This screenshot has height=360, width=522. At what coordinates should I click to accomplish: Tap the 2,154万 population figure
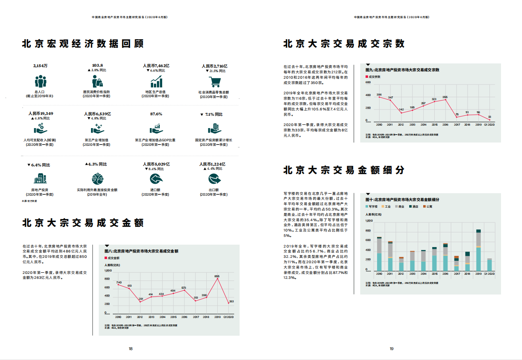coord(40,65)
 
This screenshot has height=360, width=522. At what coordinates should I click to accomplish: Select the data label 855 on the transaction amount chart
coord(217,276)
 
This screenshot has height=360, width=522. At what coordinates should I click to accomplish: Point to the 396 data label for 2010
coord(379,94)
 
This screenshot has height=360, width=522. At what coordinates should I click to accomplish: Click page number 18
coord(130,349)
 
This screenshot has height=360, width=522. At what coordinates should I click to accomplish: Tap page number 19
coord(391,349)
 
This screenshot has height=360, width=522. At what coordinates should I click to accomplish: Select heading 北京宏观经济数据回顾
coord(83,44)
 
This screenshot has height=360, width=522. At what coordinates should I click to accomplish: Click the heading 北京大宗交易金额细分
coord(344,170)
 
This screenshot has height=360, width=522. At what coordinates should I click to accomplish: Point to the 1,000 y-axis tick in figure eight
coord(108,271)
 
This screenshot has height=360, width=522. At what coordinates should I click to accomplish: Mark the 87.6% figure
coord(156,114)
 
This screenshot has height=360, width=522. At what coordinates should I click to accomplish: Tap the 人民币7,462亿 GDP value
coord(156,65)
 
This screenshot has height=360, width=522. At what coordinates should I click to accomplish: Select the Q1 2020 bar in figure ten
coord(489,265)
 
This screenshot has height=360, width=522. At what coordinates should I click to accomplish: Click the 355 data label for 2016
coord(445,97)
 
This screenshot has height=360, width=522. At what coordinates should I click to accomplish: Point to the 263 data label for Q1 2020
coord(231,301)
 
